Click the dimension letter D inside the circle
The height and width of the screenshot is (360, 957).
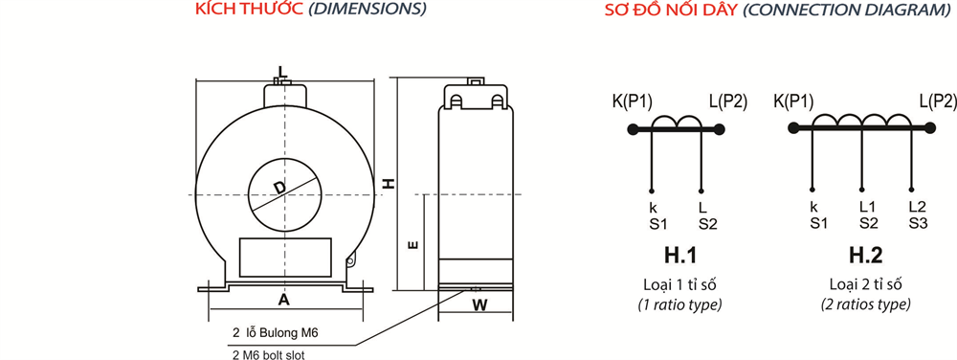point(278,188)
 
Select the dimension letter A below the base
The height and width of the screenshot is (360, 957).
point(283,299)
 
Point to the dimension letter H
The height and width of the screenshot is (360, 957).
point(388,183)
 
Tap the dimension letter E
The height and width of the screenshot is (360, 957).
point(412,245)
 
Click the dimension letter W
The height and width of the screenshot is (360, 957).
point(481,305)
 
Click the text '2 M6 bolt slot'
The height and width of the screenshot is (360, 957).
point(269,354)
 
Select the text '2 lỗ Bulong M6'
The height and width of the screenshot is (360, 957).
point(276,333)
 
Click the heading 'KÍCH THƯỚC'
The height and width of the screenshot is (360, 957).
point(249,10)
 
